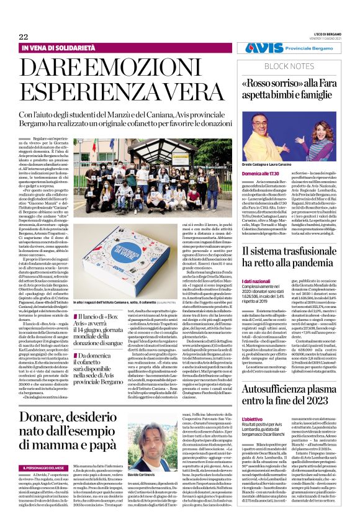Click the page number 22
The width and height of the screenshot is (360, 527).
click(x=24, y=37)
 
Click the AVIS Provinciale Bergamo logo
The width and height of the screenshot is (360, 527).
click(x=295, y=48)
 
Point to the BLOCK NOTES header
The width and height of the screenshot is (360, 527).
click(x=291, y=65)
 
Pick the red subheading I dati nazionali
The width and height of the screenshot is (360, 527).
click(x=256, y=281)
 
